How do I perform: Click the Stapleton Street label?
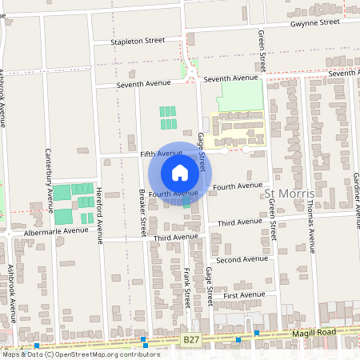[x=138, y=39]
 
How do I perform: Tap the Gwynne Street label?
[x=314, y=23]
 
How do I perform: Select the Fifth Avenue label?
[x=162, y=153]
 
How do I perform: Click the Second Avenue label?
[x=242, y=259]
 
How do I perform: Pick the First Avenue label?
[x=243, y=295]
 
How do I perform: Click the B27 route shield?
[x=190, y=340]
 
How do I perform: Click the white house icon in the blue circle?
[x=180, y=172]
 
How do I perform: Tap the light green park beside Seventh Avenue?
[x=240, y=97]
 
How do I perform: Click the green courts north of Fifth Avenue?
[x=167, y=118]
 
